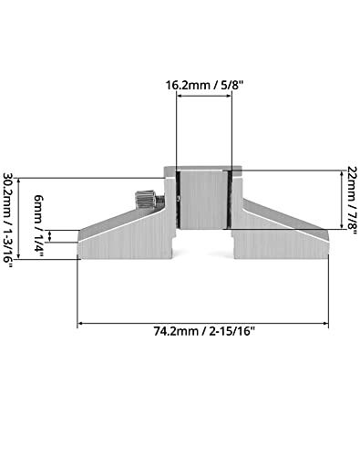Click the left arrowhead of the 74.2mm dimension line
click(82, 322)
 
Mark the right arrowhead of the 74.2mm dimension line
click(325, 322)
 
